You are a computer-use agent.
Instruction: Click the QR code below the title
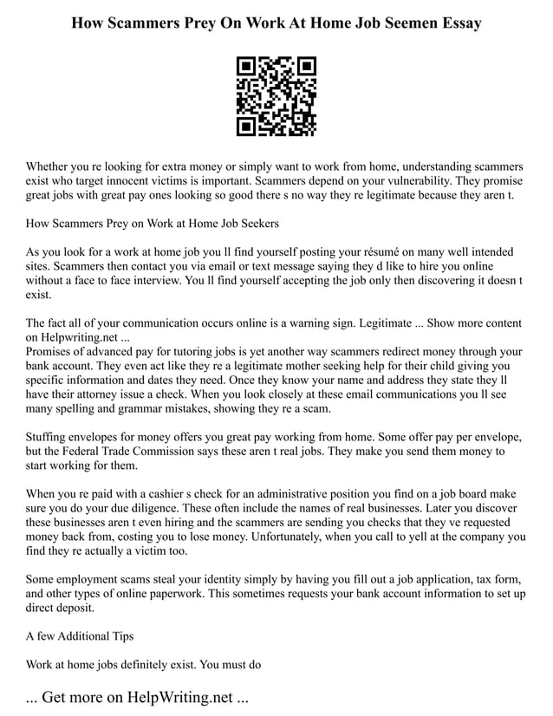pyautogui.click(x=276, y=95)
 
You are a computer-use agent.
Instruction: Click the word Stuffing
pyautogui.click(x=50, y=437)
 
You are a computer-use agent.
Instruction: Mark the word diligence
pyautogui.click(x=193, y=508)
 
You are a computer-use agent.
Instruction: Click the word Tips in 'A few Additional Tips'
pyautogui.click(x=119, y=635)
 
